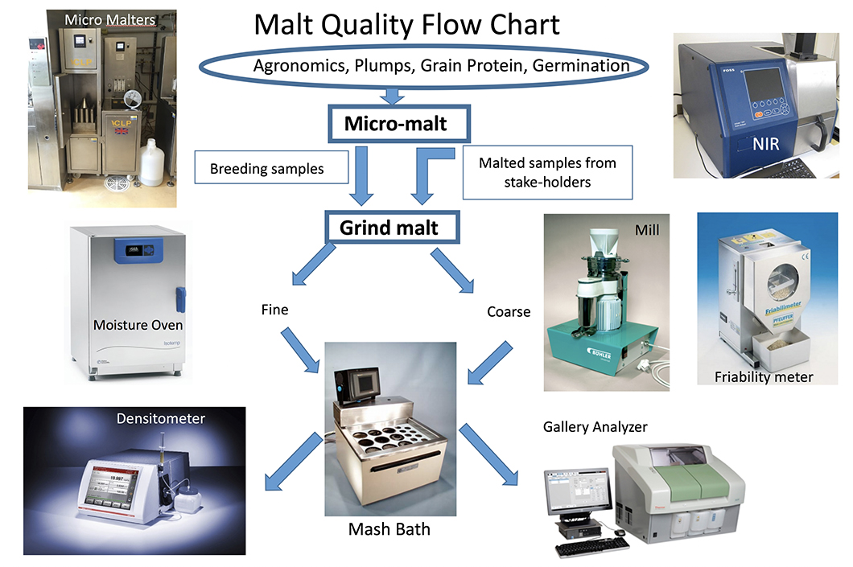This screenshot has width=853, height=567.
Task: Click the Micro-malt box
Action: (396, 125)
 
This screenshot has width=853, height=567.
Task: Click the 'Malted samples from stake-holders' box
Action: (547, 172)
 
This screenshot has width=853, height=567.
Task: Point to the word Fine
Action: (274, 309)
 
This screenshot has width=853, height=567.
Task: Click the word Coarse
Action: (509, 311)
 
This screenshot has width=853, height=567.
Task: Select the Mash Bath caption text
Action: (389, 529)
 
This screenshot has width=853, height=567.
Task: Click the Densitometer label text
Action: (160, 418)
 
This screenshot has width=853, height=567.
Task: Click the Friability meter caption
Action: (764, 376)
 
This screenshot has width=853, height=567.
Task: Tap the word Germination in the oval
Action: (581, 66)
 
